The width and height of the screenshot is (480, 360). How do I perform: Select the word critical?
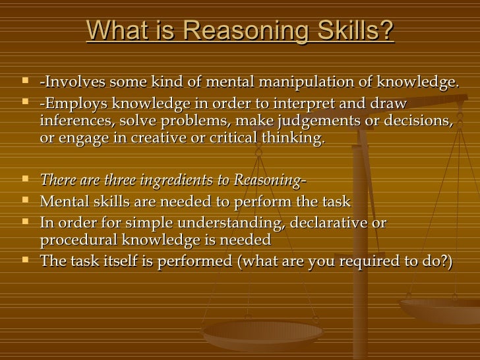(248, 138)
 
